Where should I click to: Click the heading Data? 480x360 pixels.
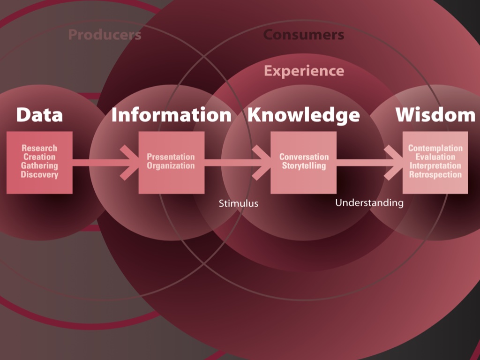pyautogui.click(x=39, y=115)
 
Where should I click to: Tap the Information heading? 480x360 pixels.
pyautogui.click(x=171, y=115)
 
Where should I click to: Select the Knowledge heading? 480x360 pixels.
pyautogui.click(x=303, y=115)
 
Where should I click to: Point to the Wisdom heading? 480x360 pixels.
pyautogui.click(x=435, y=115)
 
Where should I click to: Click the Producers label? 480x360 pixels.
pyautogui.click(x=105, y=35)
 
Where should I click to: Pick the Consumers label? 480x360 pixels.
pyautogui.click(x=303, y=35)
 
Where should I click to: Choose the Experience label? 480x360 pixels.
pyautogui.click(x=303, y=71)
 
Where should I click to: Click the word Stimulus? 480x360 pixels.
pyautogui.click(x=239, y=203)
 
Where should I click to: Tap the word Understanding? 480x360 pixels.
pyautogui.click(x=369, y=202)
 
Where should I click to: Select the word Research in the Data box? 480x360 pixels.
pyautogui.click(x=39, y=148)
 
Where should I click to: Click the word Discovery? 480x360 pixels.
pyautogui.click(x=39, y=175)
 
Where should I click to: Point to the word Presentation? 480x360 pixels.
pyautogui.click(x=171, y=157)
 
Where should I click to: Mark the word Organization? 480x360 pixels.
pyautogui.click(x=171, y=166)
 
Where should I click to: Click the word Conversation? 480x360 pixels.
pyautogui.click(x=304, y=157)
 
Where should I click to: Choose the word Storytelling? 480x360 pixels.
pyautogui.click(x=304, y=166)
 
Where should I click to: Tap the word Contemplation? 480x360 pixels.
pyautogui.click(x=435, y=148)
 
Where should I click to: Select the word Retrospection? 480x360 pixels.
pyautogui.click(x=435, y=175)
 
